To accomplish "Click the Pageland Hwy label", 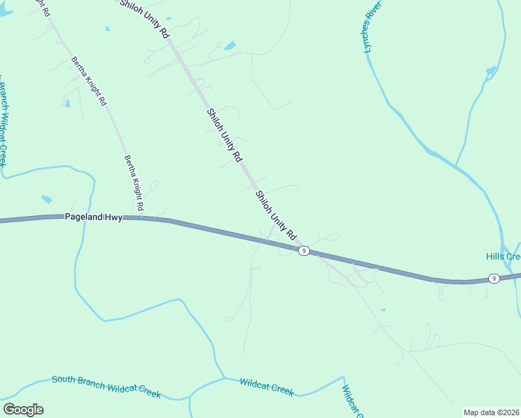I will pyautogui.click(x=93, y=217).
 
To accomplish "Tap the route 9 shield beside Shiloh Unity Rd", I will pyautogui.click(x=304, y=251).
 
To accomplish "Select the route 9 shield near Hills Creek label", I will pyautogui.click(x=493, y=279).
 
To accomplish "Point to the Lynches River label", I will pyautogui.click(x=374, y=33).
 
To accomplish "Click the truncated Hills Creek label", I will pyautogui.click(x=503, y=256).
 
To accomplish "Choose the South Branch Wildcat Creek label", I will pyautogui.click(x=106, y=387).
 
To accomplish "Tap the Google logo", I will pyautogui.click(x=23, y=410).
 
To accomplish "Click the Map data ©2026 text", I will pyautogui.click(x=492, y=412).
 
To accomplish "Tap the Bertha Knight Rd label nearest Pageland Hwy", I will pyautogui.click(x=134, y=183).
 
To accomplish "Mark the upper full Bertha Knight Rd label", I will pyautogui.click(x=89, y=81).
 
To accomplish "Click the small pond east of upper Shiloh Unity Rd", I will pyautogui.click(x=229, y=46).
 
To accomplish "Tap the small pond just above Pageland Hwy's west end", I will pyautogui.click(x=46, y=199).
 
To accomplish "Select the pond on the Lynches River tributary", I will pyautogui.click(x=492, y=70).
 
